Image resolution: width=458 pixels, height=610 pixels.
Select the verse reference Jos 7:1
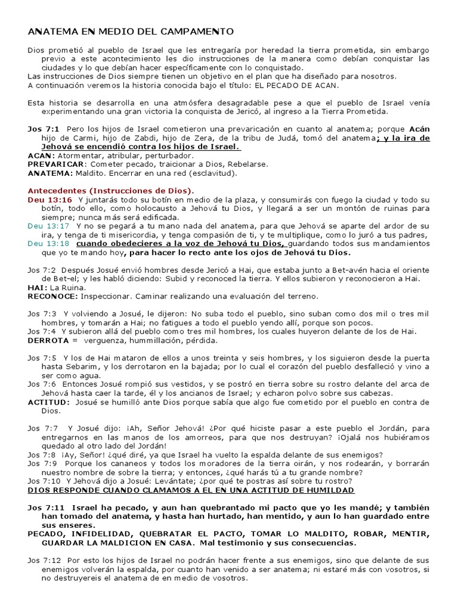pyautogui.click(x=44, y=129)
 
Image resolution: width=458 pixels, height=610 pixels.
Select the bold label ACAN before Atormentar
pyautogui.click(x=40, y=155)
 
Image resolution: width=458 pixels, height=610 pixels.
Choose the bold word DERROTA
pyautogui.click(x=49, y=340)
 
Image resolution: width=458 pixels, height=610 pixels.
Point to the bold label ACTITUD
pyautogui.click(x=48, y=402)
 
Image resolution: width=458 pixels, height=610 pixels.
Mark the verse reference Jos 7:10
pyautogui.click(x=44, y=481)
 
